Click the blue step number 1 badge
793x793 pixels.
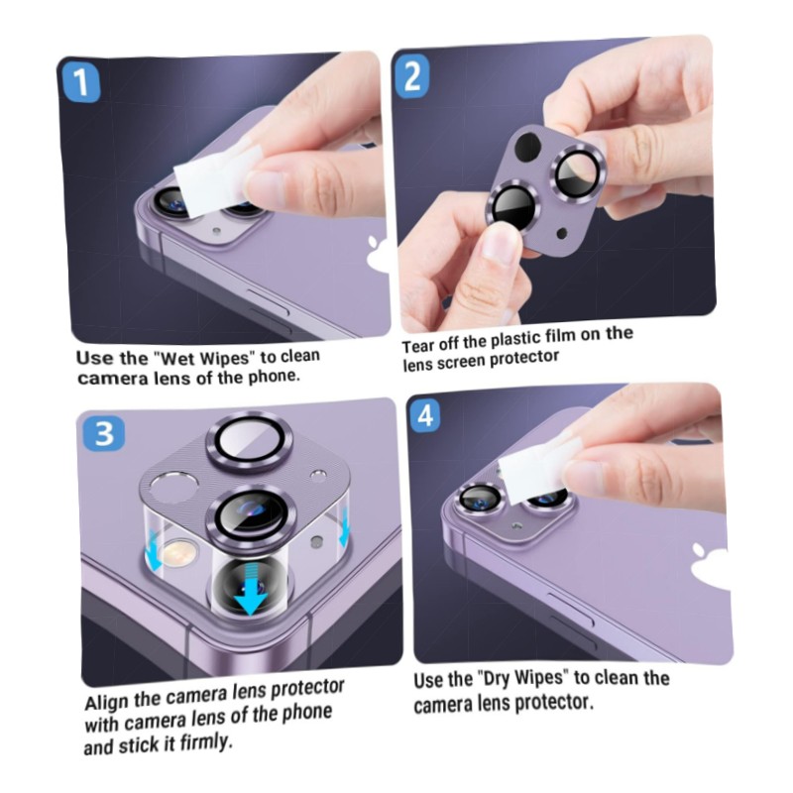[x=81, y=83]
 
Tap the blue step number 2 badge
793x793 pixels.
[x=412, y=76]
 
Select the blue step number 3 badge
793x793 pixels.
[x=104, y=433]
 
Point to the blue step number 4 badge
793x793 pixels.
[x=426, y=415]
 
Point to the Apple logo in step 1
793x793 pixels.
[x=378, y=252]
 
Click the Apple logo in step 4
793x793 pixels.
[x=711, y=564]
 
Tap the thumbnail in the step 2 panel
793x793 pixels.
[x=501, y=248]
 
